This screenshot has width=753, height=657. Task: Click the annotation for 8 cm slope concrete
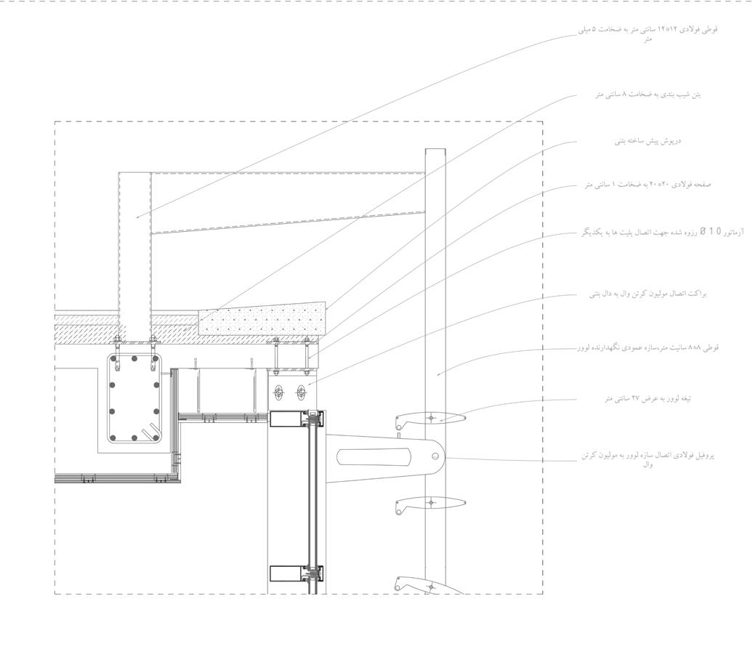[648, 94]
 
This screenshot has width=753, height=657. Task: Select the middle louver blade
[430, 503]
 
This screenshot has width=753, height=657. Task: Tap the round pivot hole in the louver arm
[435, 456]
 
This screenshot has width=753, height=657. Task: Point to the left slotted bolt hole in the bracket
[278, 393]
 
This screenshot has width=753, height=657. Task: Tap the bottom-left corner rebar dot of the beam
[112, 438]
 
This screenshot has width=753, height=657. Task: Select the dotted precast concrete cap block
[262, 318]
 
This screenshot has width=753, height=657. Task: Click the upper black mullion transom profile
[288, 418]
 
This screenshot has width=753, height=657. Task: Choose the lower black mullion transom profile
[288, 573]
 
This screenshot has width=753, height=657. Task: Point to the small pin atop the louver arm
[400, 438]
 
